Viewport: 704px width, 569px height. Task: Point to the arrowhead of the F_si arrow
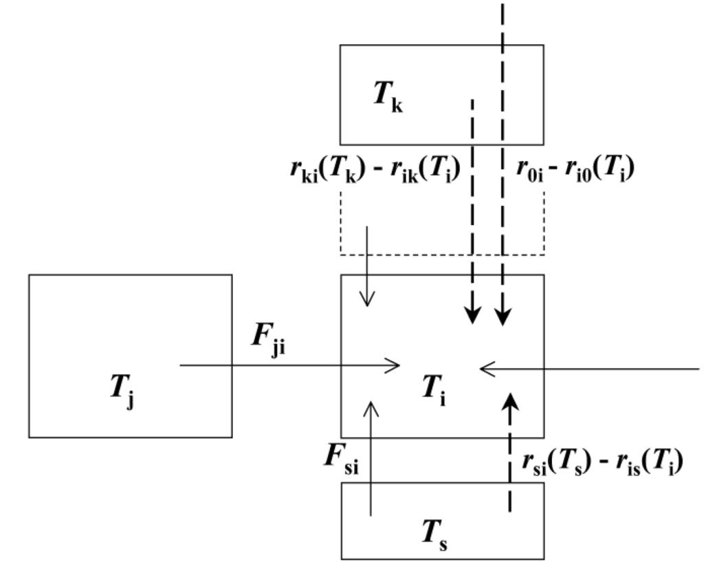point(371,407)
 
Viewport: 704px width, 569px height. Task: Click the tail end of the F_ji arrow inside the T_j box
point(181,367)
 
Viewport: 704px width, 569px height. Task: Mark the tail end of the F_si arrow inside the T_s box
point(371,514)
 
